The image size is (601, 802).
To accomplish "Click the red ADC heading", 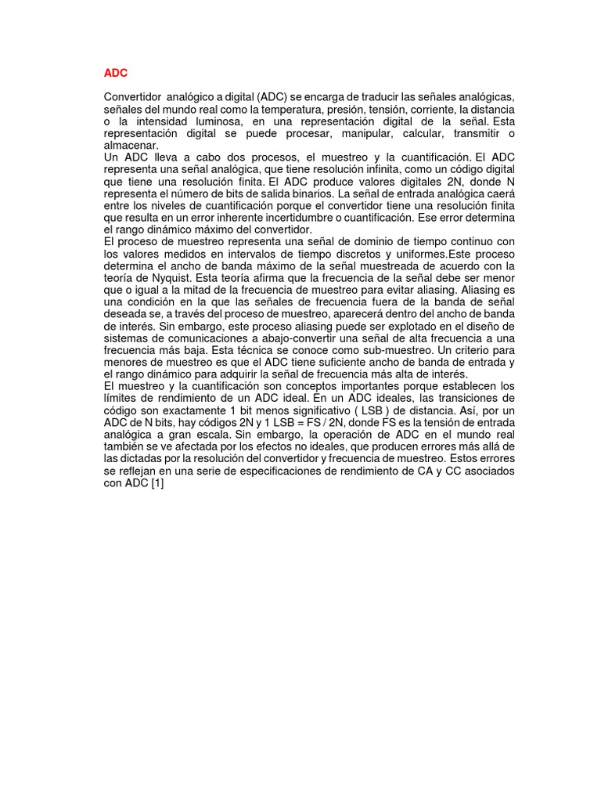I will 115,73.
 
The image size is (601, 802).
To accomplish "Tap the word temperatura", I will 286,109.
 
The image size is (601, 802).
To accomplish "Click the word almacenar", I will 131,145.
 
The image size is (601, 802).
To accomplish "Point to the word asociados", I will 488,470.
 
